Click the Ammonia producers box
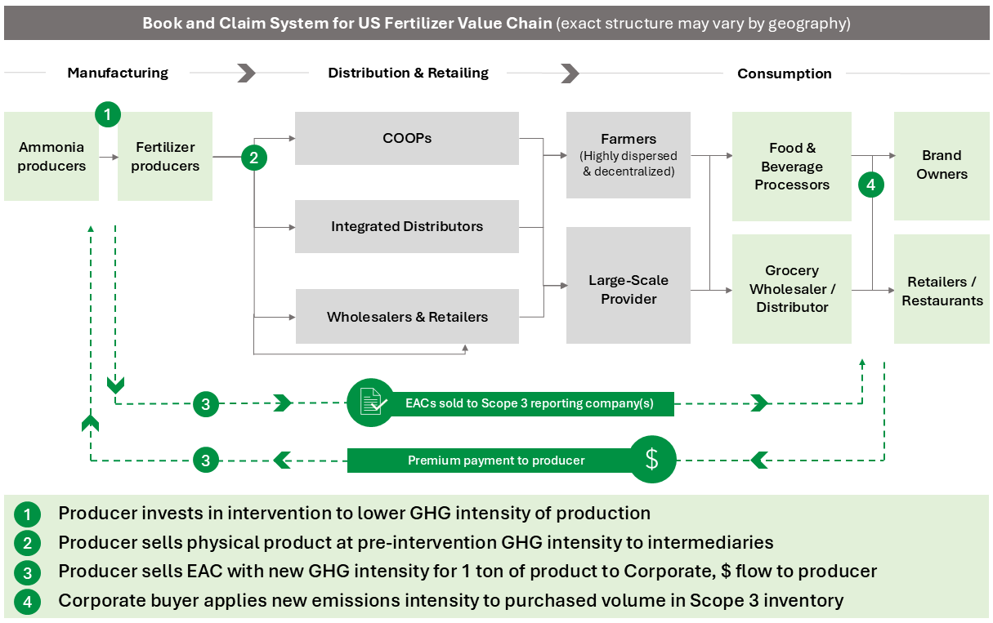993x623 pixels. click(x=51, y=157)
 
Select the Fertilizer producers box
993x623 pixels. click(x=165, y=157)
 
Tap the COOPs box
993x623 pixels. click(x=406, y=138)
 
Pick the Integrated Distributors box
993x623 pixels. click(x=406, y=226)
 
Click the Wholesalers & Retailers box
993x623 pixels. click(x=406, y=317)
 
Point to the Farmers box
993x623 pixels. click(x=628, y=154)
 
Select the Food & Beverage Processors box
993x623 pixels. click(x=791, y=167)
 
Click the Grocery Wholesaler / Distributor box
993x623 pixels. click(x=791, y=289)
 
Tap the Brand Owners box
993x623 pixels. click(x=942, y=165)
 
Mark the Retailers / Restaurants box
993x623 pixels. click(x=942, y=291)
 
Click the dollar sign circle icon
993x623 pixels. click(x=651, y=460)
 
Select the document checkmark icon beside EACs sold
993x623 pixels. click(x=370, y=403)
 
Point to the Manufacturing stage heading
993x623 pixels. click(x=118, y=73)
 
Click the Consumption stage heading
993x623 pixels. click(x=784, y=73)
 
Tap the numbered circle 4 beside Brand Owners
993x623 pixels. click(x=871, y=185)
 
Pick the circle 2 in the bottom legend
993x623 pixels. click(x=27, y=542)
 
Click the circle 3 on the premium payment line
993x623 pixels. click(x=206, y=461)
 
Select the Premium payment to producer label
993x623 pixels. click(x=496, y=461)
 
